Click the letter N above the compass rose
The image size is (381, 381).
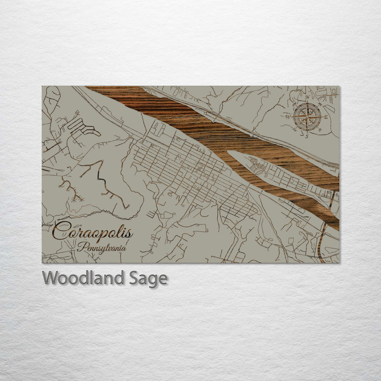pos(307,97)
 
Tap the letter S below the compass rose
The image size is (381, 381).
pos(307,136)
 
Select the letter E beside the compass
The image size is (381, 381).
pos(326,117)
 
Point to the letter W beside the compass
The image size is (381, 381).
pos(288,117)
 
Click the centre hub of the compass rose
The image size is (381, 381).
pos(307,117)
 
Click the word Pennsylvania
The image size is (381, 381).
pos(102,247)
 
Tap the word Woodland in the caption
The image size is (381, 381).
pos(83,278)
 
